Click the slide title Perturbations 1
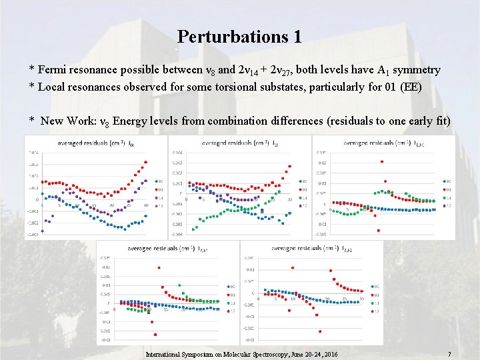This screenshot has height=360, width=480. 239,36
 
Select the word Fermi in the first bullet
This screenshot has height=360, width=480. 51,70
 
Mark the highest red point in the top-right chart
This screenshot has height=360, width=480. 381,161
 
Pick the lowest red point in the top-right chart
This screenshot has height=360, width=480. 378,231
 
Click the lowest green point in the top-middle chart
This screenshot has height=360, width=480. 193,229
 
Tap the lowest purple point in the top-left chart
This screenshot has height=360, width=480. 42,231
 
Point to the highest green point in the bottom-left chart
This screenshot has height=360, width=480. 179,285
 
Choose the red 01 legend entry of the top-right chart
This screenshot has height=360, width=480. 447,189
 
